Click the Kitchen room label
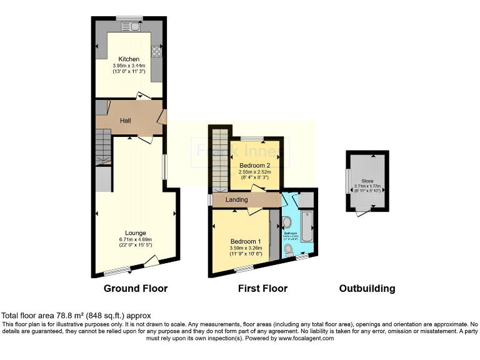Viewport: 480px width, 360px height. pos(126,59)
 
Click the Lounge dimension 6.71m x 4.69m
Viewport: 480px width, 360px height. pos(132,239)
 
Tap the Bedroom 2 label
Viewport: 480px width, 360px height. pos(254,165)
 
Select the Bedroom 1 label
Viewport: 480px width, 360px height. pos(245,241)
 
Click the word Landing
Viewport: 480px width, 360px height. pos(237,199)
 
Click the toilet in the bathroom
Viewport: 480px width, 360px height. pos(287,248)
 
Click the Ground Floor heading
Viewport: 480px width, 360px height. pos(136,289)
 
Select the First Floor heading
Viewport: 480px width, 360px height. pos(262,289)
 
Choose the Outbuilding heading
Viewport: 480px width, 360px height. pos(367,289)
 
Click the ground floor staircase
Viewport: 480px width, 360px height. pos(102,151)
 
